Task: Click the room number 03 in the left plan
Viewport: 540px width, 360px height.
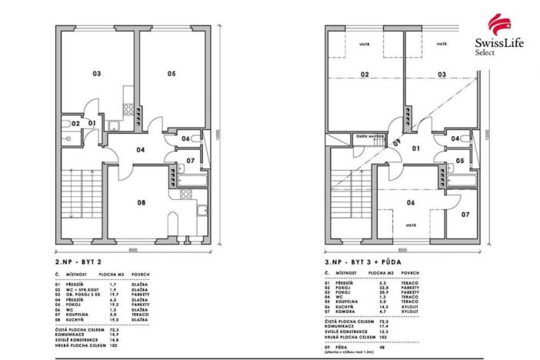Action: (x=97, y=75)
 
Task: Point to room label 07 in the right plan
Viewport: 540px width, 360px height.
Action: (x=465, y=214)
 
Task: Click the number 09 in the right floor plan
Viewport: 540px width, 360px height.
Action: (x=397, y=142)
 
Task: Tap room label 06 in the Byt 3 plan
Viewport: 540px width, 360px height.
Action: (x=411, y=203)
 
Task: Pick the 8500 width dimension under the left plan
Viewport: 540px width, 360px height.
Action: (x=133, y=249)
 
